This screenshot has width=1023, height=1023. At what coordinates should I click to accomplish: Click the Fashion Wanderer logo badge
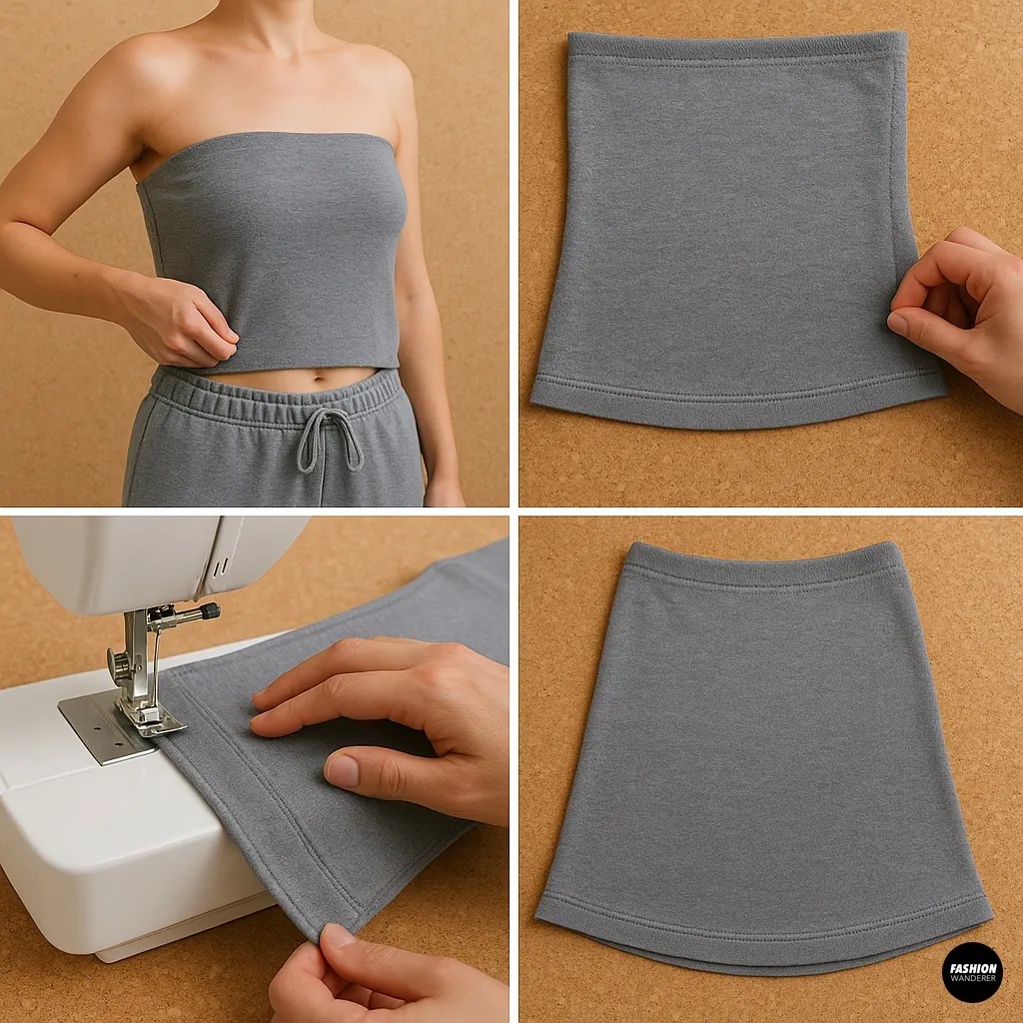coord(971,971)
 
